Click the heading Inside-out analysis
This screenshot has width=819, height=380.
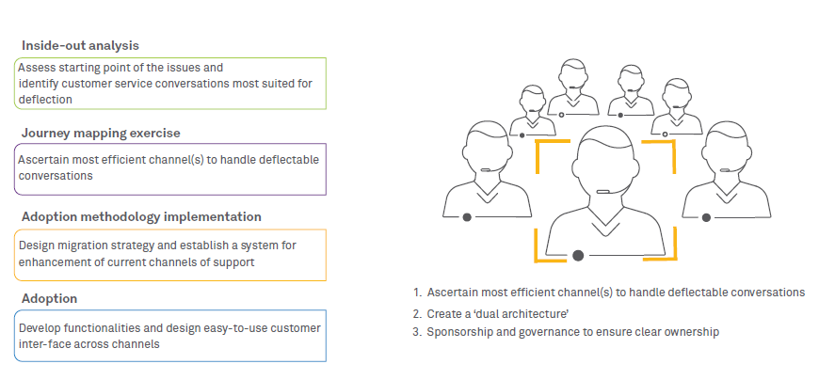(x=81, y=45)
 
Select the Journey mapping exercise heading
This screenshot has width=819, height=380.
(x=101, y=133)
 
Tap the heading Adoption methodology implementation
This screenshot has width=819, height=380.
(x=141, y=216)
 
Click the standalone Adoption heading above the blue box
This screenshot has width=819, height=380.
(x=49, y=298)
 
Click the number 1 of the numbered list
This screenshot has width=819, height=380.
(x=416, y=293)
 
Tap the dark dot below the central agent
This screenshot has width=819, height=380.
(x=577, y=255)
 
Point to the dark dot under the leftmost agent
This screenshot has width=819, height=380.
(x=467, y=217)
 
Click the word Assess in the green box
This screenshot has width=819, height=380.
(x=37, y=68)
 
